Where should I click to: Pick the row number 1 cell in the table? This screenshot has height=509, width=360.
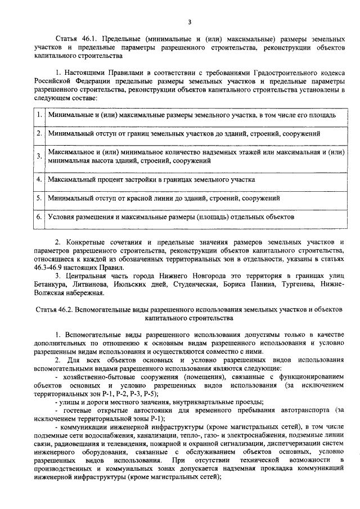coord(39,115)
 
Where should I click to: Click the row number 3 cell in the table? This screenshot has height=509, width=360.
coord(39,156)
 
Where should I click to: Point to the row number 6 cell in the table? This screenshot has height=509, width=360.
coord(39,216)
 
